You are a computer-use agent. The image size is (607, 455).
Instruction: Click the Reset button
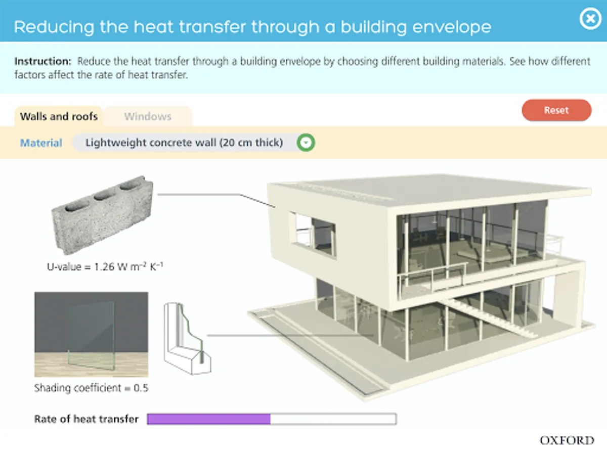pyautogui.click(x=556, y=110)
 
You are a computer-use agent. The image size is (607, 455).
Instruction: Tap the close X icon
pyautogui.click(x=589, y=20)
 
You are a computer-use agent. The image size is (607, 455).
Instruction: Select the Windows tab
pyautogui.click(x=148, y=116)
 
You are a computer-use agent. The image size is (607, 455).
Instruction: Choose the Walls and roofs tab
pyautogui.click(x=59, y=116)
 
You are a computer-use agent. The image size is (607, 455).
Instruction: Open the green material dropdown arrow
pyautogui.click(x=306, y=143)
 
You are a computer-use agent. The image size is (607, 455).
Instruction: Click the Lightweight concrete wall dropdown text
pyautogui.click(x=184, y=143)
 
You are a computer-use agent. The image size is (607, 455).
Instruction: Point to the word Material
pyautogui.click(x=41, y=143)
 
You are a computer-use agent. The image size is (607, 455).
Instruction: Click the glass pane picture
pyautogui.click(x=91, y=334)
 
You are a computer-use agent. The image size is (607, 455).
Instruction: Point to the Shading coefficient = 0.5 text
pyautogui.click(x=91, y=388)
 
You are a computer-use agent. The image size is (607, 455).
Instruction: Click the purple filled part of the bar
pyautogui.click(x=208, y=419)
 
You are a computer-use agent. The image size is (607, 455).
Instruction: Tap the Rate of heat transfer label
pyautogui.click(x=86, y=419)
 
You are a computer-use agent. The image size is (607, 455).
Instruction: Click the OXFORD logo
pyautogui.click(x=567, y=440)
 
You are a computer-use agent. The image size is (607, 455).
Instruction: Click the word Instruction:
pyautogui.click(x=43, y=62)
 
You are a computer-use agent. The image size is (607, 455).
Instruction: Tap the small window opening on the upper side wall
pyautogui.click(x=312, y=234)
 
